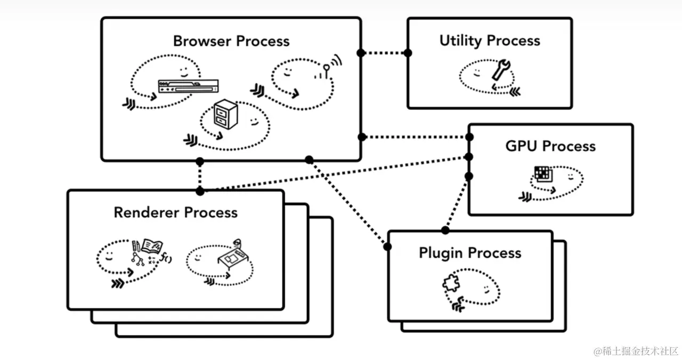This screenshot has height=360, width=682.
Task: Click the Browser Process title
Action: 231,42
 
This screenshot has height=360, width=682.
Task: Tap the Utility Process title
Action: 490,41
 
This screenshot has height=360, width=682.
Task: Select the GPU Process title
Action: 550,146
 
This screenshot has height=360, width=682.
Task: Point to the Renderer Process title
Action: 175,212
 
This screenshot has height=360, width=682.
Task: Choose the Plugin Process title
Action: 470,253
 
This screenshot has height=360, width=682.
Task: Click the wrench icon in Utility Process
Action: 501,70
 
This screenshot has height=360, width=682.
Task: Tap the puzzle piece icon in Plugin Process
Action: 451,285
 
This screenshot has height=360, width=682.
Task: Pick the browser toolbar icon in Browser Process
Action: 188,85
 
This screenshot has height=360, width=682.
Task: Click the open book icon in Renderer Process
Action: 152,246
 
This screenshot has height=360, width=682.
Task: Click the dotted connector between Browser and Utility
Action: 384,53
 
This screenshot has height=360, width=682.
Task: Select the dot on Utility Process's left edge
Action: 408,53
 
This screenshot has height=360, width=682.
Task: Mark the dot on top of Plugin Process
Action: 445,231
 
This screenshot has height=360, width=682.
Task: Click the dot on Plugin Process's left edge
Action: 387,247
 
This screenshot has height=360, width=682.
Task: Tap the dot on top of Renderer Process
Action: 200,191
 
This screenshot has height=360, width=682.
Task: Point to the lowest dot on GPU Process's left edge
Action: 469,176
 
